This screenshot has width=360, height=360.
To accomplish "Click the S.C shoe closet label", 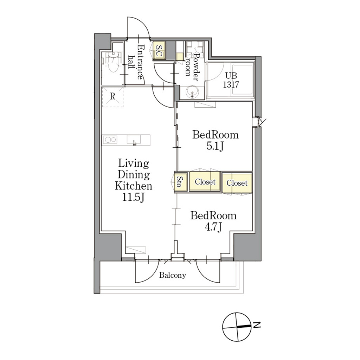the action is click(159, 51).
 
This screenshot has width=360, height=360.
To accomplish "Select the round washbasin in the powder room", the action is click(192, 92).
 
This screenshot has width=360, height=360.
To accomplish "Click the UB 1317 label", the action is click(231, 80).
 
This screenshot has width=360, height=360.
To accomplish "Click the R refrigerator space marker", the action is click(112, 97).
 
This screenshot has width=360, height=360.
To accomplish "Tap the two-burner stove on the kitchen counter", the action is click(110, 139).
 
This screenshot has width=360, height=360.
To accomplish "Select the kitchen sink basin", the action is click(134, 140).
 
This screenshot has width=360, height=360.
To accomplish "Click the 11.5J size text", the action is click(133, 197).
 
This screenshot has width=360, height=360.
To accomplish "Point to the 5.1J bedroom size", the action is click(215, 146).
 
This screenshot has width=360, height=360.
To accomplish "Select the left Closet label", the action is click(205, 182).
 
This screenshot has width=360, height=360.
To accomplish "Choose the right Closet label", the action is click(237, 183).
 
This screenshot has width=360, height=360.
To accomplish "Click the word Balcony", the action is click(173, 275).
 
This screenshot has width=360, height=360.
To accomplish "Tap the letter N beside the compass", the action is click(257, 325).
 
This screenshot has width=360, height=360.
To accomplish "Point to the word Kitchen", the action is click(133, 186).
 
